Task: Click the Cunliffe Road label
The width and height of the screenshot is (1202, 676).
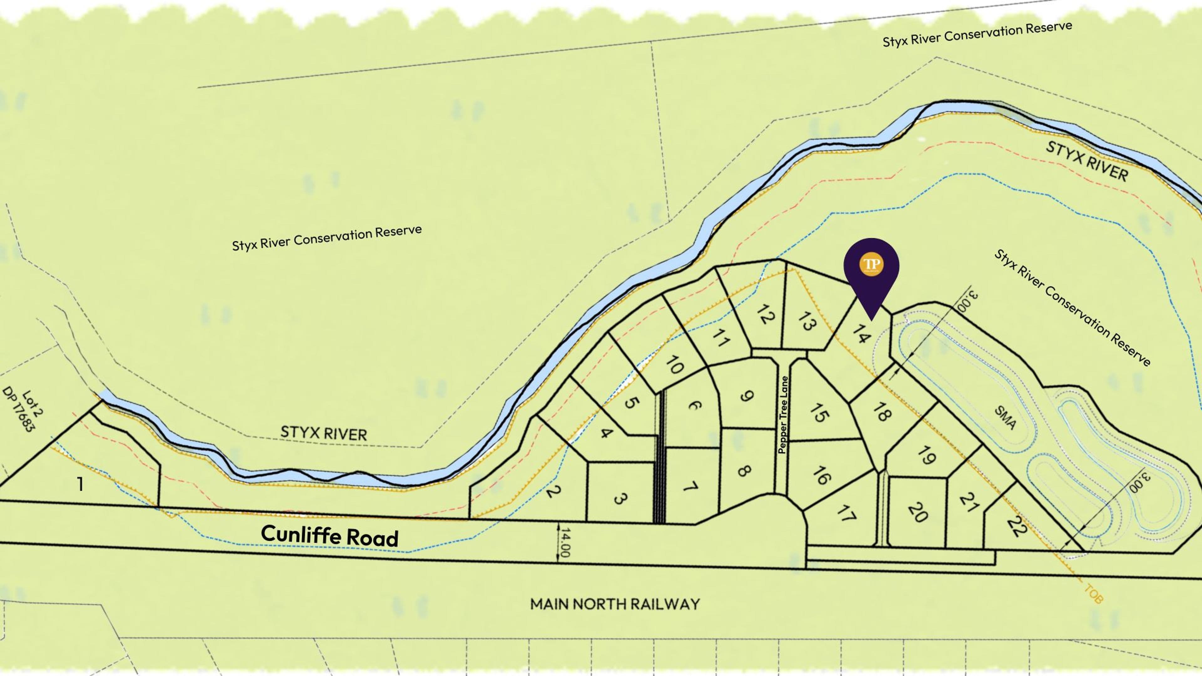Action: tap(329, 535)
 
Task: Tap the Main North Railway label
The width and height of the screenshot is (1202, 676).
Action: tap(614, 604)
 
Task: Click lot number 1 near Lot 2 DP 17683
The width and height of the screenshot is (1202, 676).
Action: tap(80, 484)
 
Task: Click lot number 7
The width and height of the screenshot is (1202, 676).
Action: tap(691, 487)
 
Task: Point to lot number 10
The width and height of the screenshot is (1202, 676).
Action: tap(674, 365)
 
